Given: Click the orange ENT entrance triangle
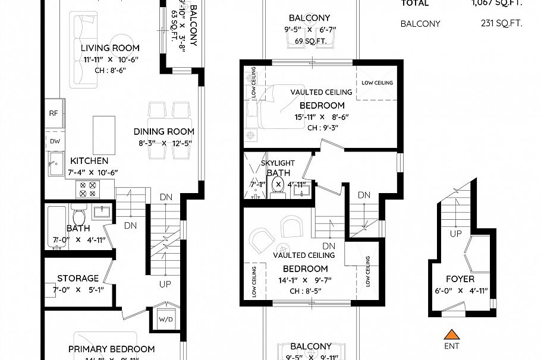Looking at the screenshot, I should (452, 334).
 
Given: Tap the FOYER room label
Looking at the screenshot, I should (460, 279).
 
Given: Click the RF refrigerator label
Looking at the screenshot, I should (54, 113).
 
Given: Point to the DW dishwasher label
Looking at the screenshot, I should (55, 141).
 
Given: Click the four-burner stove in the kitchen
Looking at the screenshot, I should (87, 189).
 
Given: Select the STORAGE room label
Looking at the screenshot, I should (78, 278).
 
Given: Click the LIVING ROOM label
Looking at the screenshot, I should (110, 48).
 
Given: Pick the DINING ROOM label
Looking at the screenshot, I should (163, 131).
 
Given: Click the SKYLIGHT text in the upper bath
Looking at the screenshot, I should (278, 163).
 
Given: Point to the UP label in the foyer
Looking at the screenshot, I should (455, 233).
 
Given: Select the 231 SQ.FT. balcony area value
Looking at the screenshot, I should (501, 24).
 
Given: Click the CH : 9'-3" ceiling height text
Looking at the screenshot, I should (325, 128).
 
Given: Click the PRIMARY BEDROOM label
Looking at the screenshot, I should (111, 349).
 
